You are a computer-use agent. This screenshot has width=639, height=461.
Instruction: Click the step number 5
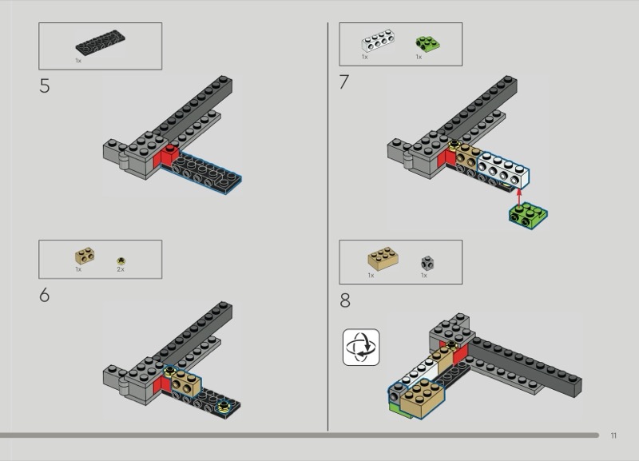click(x=44, y=86)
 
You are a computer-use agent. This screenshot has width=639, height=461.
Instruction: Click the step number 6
click(x=44, y=296)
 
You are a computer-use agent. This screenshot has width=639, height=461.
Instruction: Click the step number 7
click(x=344, y=82)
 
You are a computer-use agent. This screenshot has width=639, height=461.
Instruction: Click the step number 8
click(x=345, y=300)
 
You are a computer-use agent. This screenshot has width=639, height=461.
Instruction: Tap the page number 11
click(x=613, y=435)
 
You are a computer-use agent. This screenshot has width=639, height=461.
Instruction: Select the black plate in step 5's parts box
click(x=96, y=45)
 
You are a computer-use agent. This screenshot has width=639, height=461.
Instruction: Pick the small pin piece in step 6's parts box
click(x=121, y=260)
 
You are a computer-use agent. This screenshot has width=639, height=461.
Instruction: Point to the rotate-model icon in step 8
click(x=361, y=347)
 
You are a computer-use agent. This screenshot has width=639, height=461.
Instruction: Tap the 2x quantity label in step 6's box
click(x=121, y=270)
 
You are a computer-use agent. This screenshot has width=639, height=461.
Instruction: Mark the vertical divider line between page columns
click(x=328, y=224)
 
